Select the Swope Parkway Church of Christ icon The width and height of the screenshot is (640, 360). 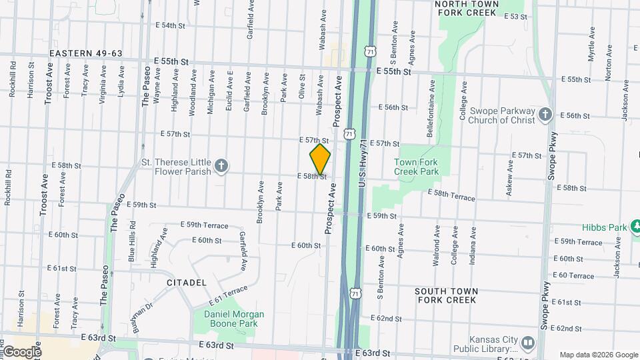545,115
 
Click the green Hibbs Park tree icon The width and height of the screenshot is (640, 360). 636,227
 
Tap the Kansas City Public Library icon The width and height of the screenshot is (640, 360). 528,343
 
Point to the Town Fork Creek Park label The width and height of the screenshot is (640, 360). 416,167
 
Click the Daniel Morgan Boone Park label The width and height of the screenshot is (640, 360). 229,319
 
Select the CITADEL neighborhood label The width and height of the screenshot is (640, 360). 187,283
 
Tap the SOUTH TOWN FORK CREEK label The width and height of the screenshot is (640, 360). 446,295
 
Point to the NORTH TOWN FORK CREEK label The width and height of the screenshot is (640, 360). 466,8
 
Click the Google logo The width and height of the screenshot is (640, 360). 21,352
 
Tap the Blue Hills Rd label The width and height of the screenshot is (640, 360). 132,240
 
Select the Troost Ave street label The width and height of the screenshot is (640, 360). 47,83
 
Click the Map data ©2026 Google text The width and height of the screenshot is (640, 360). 598,355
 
